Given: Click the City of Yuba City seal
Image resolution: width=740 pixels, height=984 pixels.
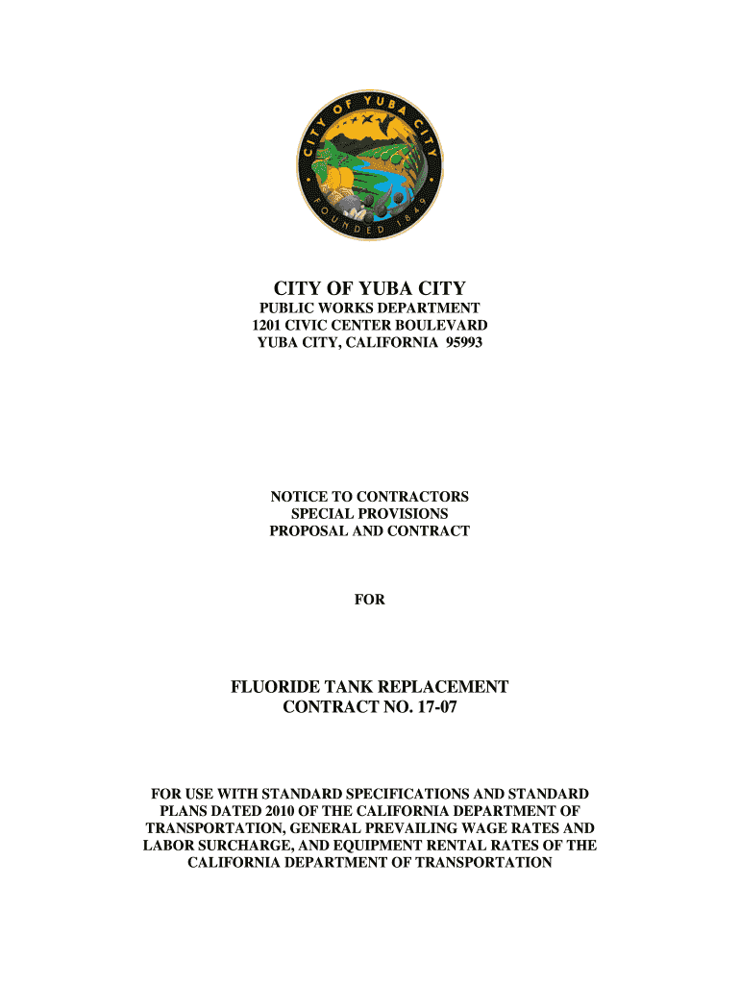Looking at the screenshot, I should tap(370, 167).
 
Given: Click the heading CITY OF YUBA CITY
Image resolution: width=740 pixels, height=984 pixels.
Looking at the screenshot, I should tap(370, 287).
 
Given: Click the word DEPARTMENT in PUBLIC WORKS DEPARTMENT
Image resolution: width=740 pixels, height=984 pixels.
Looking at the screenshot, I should tap(431, 307).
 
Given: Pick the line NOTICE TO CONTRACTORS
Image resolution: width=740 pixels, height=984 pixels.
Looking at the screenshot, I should tap(370, 496).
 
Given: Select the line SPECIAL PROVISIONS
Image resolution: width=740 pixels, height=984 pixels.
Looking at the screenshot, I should tap(370, 513).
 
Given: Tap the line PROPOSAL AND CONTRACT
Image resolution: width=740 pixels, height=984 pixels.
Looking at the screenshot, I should tap(370, 530).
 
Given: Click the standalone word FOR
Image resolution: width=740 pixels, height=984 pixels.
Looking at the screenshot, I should tap(370, 600).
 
